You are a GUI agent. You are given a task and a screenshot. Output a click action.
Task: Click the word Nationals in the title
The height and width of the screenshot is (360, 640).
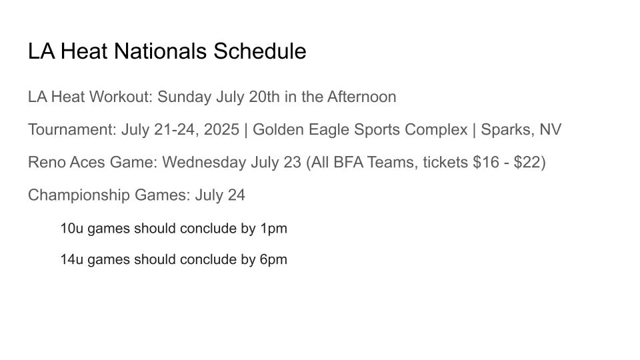160,51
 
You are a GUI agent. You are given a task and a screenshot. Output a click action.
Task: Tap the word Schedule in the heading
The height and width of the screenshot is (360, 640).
259,51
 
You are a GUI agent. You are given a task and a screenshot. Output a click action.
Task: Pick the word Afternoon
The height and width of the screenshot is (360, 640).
361,97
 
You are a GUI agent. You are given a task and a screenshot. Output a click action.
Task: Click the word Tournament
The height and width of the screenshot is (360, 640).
72,130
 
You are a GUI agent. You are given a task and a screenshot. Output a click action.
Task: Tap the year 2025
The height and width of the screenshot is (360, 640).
221,129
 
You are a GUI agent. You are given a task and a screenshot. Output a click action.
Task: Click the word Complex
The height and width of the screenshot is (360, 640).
436,130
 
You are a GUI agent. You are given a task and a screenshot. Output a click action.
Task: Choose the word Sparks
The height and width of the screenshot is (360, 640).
507,130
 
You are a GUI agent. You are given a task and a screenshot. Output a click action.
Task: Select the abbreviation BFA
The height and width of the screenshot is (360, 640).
348,162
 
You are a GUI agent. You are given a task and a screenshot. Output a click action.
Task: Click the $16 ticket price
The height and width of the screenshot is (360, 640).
486,162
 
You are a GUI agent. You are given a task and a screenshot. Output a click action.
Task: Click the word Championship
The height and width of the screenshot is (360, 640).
79,195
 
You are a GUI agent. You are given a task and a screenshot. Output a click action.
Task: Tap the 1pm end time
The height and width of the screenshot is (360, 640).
273,229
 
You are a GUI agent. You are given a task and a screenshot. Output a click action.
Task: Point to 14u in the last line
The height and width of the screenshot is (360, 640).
72,259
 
